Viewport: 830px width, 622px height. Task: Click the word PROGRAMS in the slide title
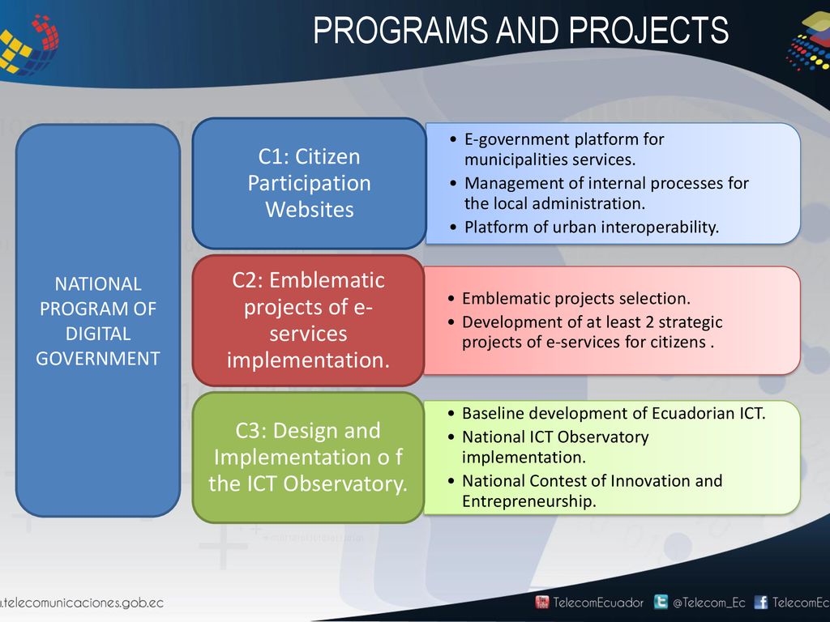(x=400, y=30)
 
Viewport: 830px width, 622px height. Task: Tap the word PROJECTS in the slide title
(x=648, y=30)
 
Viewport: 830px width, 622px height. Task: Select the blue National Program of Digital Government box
(x=98, y=321)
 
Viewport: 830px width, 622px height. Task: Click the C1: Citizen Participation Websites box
(x=309, y=183)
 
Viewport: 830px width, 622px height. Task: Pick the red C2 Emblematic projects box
(x=308, y=321)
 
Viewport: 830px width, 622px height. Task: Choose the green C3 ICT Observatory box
(x=308, y=458)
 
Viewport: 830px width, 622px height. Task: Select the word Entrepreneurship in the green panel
(x=528, y=501)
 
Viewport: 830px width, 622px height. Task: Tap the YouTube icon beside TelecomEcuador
(x=542, y=602)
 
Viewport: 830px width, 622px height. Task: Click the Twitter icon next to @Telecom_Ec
(x=661, y=602)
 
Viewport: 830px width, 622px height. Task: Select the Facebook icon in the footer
(x=760, y=602)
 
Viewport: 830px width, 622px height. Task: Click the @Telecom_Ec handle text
(x=708, y=603)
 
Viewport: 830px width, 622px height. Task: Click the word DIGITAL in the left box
(x=98, y=334)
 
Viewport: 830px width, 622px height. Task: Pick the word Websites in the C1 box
(x=309, y=210)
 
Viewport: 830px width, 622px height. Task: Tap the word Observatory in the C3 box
(x=345, y=484)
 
